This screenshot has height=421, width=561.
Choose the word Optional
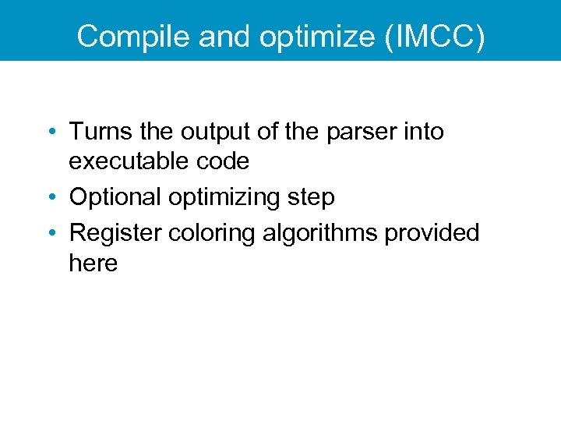point(115,197)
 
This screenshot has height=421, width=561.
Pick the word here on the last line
point(93,263)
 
